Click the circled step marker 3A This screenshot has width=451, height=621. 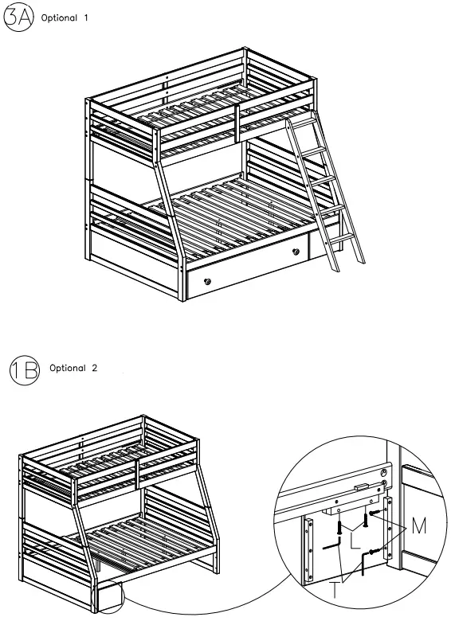[x=18, y=18]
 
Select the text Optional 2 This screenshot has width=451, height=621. [x=73, y=369]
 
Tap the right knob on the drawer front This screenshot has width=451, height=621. [x=296, y=253]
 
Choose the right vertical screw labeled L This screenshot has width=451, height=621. [x=366, y=519]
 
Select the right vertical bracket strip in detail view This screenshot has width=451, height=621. [x=388, y=529]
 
